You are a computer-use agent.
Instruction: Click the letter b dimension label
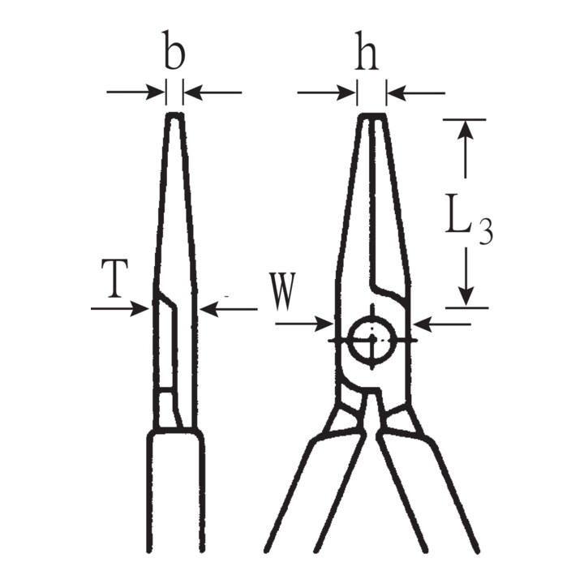[x=174, y=50]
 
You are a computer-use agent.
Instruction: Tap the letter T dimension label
[x=114, y=278]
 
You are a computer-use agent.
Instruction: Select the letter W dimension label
[x=283, y=292]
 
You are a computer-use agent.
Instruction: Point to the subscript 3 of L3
[x=486, y=231]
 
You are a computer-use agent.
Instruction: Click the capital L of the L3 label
[x=457, y=213]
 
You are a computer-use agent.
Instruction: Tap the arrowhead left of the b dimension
[x=156, y=92]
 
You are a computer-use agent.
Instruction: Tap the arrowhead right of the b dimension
[x=194, y=92]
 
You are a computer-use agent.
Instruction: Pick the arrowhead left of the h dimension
[x=346, y=92]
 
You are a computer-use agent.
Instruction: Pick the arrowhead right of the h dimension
[x=397, y=93]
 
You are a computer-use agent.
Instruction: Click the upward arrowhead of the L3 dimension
[x=465, y=130]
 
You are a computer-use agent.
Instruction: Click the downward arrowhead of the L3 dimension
[x=466, y=297]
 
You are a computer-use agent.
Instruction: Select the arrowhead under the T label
[x=140, y=308]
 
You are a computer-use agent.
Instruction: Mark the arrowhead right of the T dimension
[x=209, y=309]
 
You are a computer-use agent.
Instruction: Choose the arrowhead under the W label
[x=324, y=324]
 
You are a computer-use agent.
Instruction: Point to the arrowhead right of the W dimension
[x=423, y=324]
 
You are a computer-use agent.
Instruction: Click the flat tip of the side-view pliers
[x=174, y=114]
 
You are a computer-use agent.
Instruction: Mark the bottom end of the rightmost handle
[x=475, y=549]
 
